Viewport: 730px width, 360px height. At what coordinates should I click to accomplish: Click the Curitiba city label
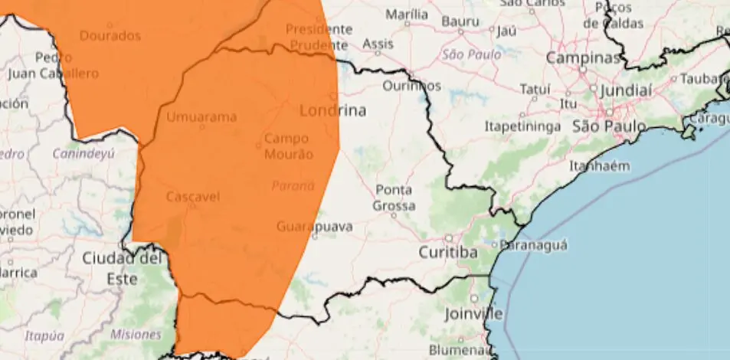coord(448,252)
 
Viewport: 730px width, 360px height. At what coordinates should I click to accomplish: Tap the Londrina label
coord(332,110)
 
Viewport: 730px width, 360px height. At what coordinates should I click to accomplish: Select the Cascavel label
coord(193,197)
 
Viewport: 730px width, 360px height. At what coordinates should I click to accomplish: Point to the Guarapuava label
coord(314,227)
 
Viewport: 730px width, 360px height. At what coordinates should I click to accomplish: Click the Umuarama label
coord(201,117)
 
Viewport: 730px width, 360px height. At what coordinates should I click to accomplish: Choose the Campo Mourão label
coord(287,146)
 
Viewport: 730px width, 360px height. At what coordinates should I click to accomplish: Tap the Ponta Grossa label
coord(394,198)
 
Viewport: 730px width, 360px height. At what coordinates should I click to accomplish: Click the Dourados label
coord(110,35)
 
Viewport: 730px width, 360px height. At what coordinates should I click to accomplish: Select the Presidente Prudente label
coord(317,37)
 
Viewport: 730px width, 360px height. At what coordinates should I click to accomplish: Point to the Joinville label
coord(474,314)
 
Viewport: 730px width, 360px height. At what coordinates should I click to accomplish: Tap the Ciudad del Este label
coord(123,268)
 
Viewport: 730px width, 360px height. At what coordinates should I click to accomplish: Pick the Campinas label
coord(582,58)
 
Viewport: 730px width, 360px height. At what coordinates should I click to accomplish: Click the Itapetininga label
coord(523,126)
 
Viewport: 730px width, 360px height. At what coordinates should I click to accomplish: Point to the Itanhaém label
coord(599,166)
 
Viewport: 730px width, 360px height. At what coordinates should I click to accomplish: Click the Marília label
coord(407,15)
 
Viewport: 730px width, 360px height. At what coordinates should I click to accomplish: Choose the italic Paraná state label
coord(293,185)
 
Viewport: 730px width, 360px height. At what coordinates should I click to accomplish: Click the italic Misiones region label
coord(136,334)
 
